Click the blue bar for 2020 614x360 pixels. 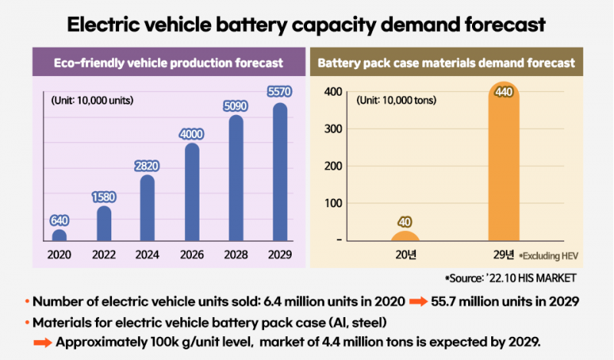[59, 235]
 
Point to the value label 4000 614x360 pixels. [192, 134]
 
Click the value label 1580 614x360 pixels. [104, 197]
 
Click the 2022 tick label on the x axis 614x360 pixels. [104, 256]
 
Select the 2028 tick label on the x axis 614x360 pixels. [236, 256]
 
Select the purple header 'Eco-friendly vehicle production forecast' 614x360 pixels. [168, 62]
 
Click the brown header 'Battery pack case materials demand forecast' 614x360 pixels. [446, 62]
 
